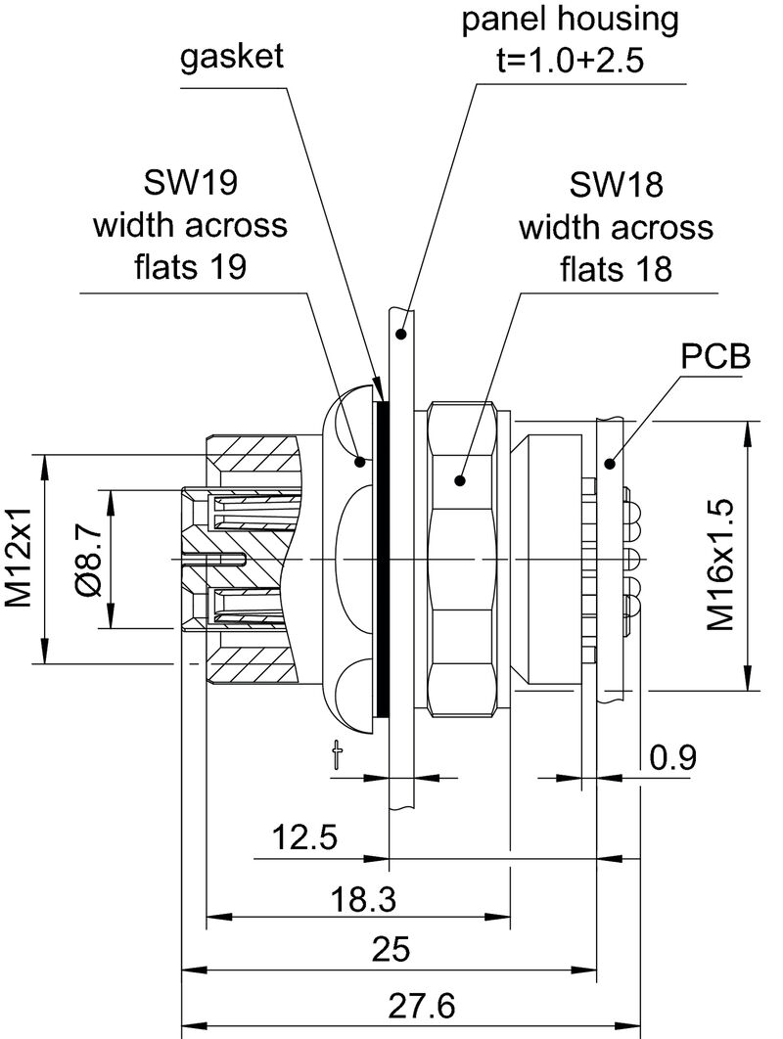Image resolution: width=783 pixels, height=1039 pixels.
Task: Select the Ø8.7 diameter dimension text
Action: (87, 559)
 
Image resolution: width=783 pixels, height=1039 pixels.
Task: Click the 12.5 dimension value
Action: (305, 837)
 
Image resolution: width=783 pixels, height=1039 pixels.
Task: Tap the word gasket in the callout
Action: (232, 57)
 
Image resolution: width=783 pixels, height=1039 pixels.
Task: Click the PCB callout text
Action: (715, 356)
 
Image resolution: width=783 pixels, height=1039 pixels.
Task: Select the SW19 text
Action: (191, 182)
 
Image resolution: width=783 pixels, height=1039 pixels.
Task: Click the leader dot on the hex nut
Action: (457, 480)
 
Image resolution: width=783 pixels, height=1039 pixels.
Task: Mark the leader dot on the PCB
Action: (610, 463)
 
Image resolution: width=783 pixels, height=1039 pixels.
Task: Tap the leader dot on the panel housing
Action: (400, 335)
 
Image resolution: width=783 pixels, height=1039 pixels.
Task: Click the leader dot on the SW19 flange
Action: (360, 460)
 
